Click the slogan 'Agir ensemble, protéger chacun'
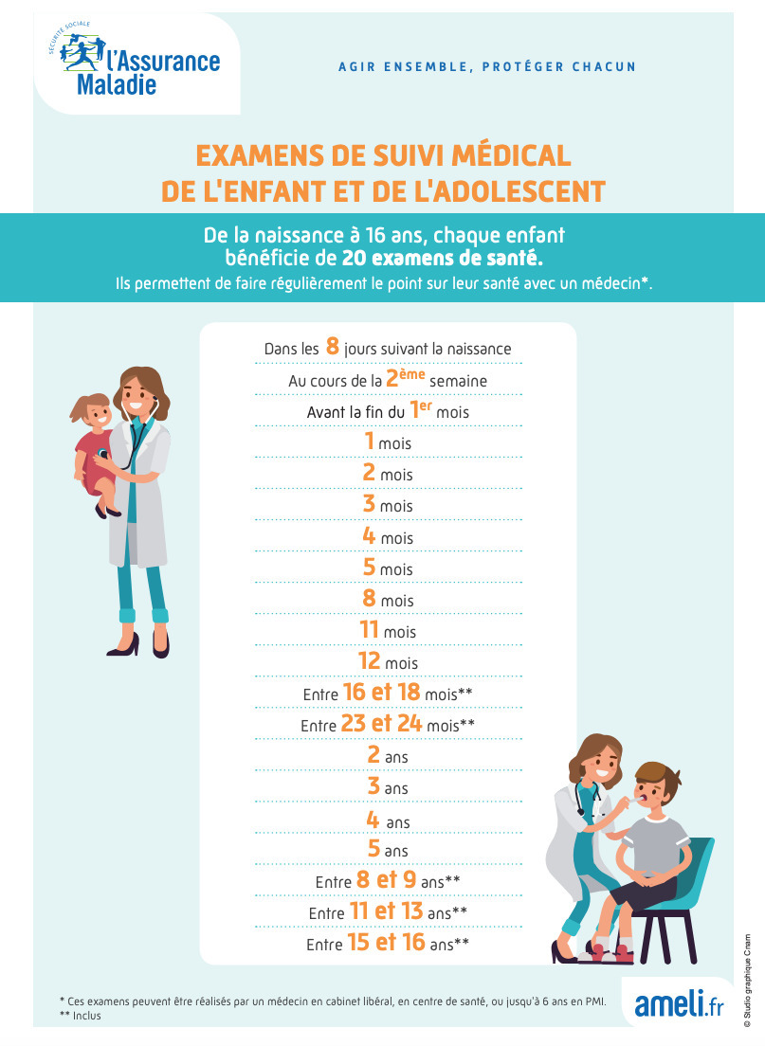pyautogui.click(x=487, y=67)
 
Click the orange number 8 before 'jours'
pyautogui.click(x=333, y=347)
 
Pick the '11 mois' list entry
pyautogui.click(x=387, y=630)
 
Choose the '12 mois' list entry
pyautogui.click(x=388, y=661)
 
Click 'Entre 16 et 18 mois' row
pyautogui.click(x=388, y=694)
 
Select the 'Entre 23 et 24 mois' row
pyautogui.click(x=388, y=725)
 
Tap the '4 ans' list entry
pyautogui.click(x=388, y=821)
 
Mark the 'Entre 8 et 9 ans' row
pyautogui.click(x=388, y=881)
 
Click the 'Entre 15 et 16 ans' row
pyautogui.click(x=388, y=944)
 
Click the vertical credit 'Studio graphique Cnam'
pyautogui.click(x=747, y=977)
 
